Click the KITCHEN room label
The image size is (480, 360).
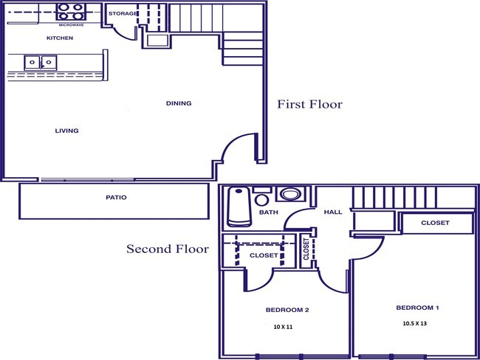click(60, 38)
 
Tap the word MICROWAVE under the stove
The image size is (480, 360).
click(71, 24)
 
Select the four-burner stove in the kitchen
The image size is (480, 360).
click(71, 11)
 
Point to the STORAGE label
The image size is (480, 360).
click(123, 14)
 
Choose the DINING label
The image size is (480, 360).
click(179, 103)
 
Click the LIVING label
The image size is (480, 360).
click(66, 131)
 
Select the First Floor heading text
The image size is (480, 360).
click(309, 104)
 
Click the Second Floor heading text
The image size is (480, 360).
click(167, 249)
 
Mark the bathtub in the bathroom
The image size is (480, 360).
click(237, 207)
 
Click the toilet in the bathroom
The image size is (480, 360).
click(261, 198)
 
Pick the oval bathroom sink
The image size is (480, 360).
click(289, 195)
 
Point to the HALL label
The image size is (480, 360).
click(332, 212)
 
